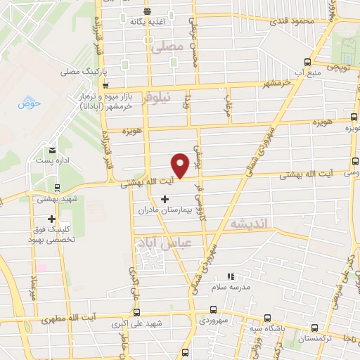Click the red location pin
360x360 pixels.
[181, 166]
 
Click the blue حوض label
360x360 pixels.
[31, 103]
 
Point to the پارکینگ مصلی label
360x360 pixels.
[82, 72]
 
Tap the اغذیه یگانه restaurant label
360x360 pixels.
[146, 21]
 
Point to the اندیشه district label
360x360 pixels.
[248, 221]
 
